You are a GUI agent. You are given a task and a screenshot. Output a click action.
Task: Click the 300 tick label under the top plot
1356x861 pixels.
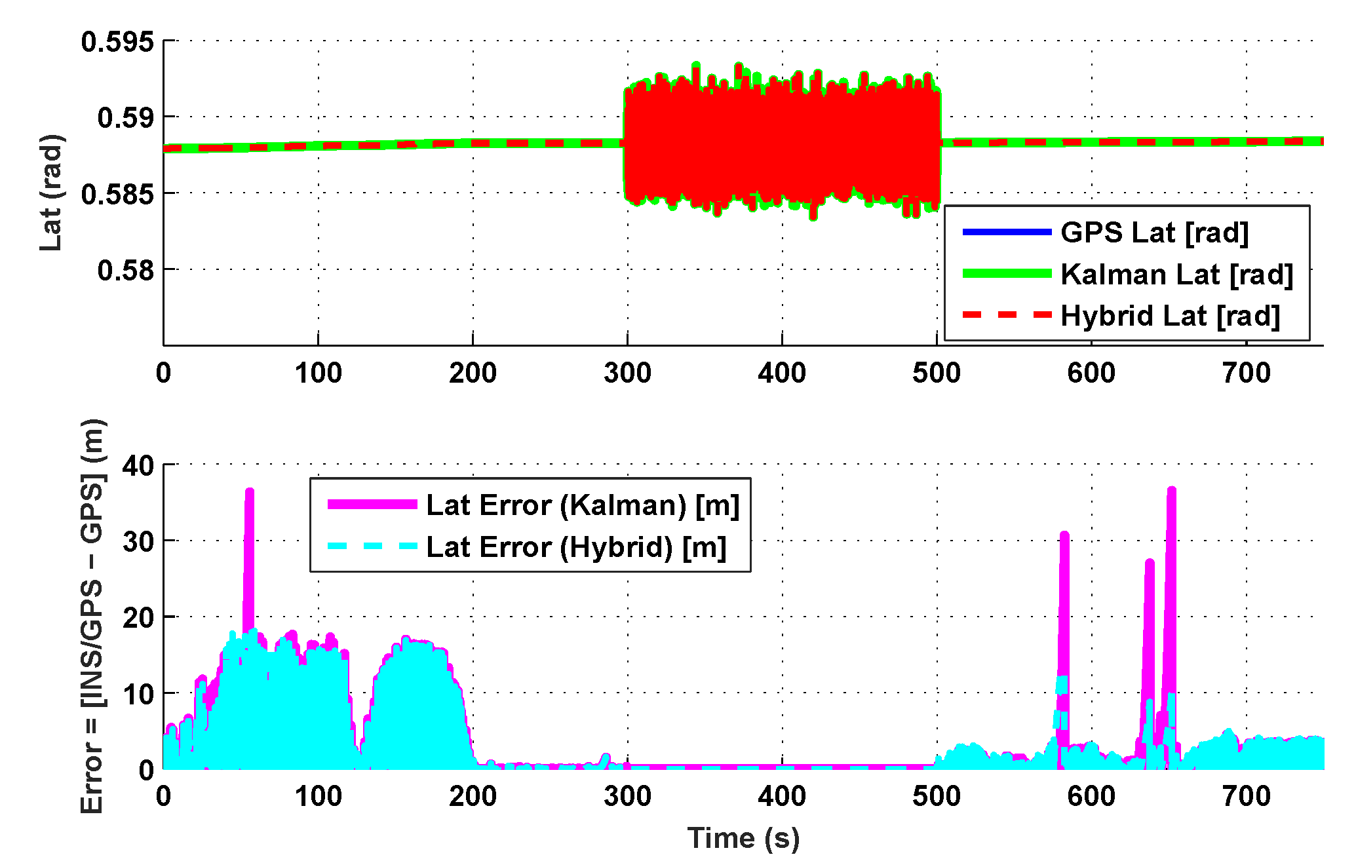627,373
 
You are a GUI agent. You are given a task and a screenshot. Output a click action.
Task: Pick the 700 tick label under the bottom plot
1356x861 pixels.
1246,797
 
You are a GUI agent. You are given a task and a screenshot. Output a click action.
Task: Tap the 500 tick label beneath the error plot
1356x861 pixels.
937,797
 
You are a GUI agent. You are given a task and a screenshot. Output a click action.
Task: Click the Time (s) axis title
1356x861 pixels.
743,839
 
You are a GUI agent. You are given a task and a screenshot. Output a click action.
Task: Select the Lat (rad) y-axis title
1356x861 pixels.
51,193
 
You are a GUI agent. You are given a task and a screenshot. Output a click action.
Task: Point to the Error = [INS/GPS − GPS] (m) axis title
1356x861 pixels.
92,616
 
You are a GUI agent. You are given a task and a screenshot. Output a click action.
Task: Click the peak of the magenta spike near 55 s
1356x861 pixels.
249,491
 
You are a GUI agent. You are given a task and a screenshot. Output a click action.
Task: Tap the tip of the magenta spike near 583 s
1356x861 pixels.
1064,535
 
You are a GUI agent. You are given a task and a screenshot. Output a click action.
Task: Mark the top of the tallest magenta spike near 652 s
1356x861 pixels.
1171,489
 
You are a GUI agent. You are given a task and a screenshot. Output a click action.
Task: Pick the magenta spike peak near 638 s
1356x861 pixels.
1150,562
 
